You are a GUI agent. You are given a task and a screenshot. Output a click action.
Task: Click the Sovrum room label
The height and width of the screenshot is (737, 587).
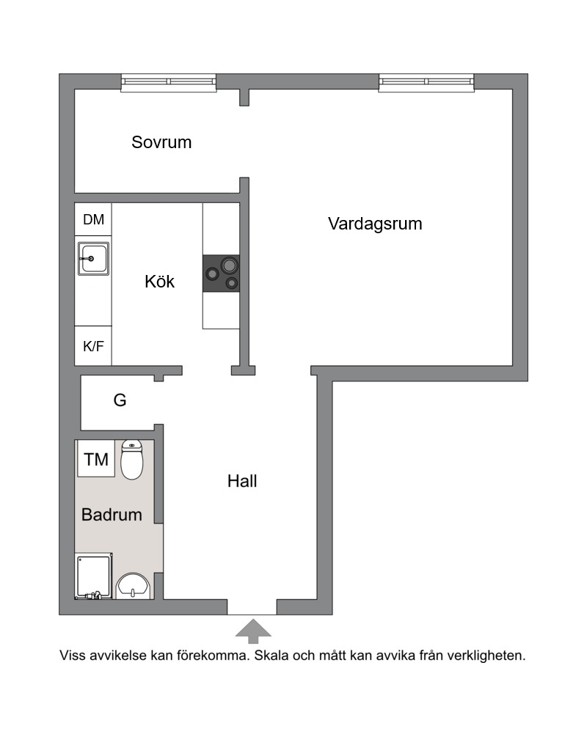click(x=161, y=142)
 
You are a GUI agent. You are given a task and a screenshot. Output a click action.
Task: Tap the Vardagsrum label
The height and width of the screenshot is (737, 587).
click(x=375, y=224)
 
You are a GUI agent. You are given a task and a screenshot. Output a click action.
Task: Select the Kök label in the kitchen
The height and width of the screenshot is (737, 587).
click(x=159, y=281)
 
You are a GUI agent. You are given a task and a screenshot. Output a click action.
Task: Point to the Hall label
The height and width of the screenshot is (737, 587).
click(x=242, y=481)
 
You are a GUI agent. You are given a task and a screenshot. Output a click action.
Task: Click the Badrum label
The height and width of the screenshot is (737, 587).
click(x=112, y=515)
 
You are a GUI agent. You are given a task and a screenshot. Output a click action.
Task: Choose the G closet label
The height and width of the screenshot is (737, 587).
click(x=120, y=400)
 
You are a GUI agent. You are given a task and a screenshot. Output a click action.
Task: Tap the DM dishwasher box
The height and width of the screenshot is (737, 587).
click(x=93, y=219)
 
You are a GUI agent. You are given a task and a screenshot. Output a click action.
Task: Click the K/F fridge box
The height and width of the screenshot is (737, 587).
click(x=93, y=346)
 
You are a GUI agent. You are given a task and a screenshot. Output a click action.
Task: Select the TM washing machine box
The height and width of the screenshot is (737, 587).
click(x=96, y=459)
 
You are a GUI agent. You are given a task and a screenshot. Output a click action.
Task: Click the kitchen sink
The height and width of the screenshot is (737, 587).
click(x=94, y=259)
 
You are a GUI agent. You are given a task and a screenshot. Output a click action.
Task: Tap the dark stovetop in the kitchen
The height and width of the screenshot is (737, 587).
click(x=221, y=273)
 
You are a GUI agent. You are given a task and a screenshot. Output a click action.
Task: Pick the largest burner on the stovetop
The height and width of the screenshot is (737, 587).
click(x=229, y=265)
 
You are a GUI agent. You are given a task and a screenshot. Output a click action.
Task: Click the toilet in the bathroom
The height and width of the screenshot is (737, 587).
click(x=132, y=460)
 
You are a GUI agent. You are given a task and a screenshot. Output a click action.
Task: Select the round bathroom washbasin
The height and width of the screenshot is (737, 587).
click(x=133, y=586)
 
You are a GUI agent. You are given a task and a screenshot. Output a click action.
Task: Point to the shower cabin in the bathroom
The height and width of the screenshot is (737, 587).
click(x=94, y=576)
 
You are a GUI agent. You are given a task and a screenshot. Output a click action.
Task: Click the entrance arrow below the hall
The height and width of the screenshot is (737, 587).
click(x=253, y=631)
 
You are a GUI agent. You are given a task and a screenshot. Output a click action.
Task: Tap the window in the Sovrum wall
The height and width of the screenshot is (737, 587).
click(x=169, y=83)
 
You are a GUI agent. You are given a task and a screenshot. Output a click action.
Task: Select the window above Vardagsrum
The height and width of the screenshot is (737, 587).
click(x=426, y=83)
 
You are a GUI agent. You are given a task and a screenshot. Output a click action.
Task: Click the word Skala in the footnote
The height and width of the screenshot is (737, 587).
click(x=272, y=655)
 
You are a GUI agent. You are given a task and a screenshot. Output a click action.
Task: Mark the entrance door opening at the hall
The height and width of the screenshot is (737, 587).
click(x=252, y=607)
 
